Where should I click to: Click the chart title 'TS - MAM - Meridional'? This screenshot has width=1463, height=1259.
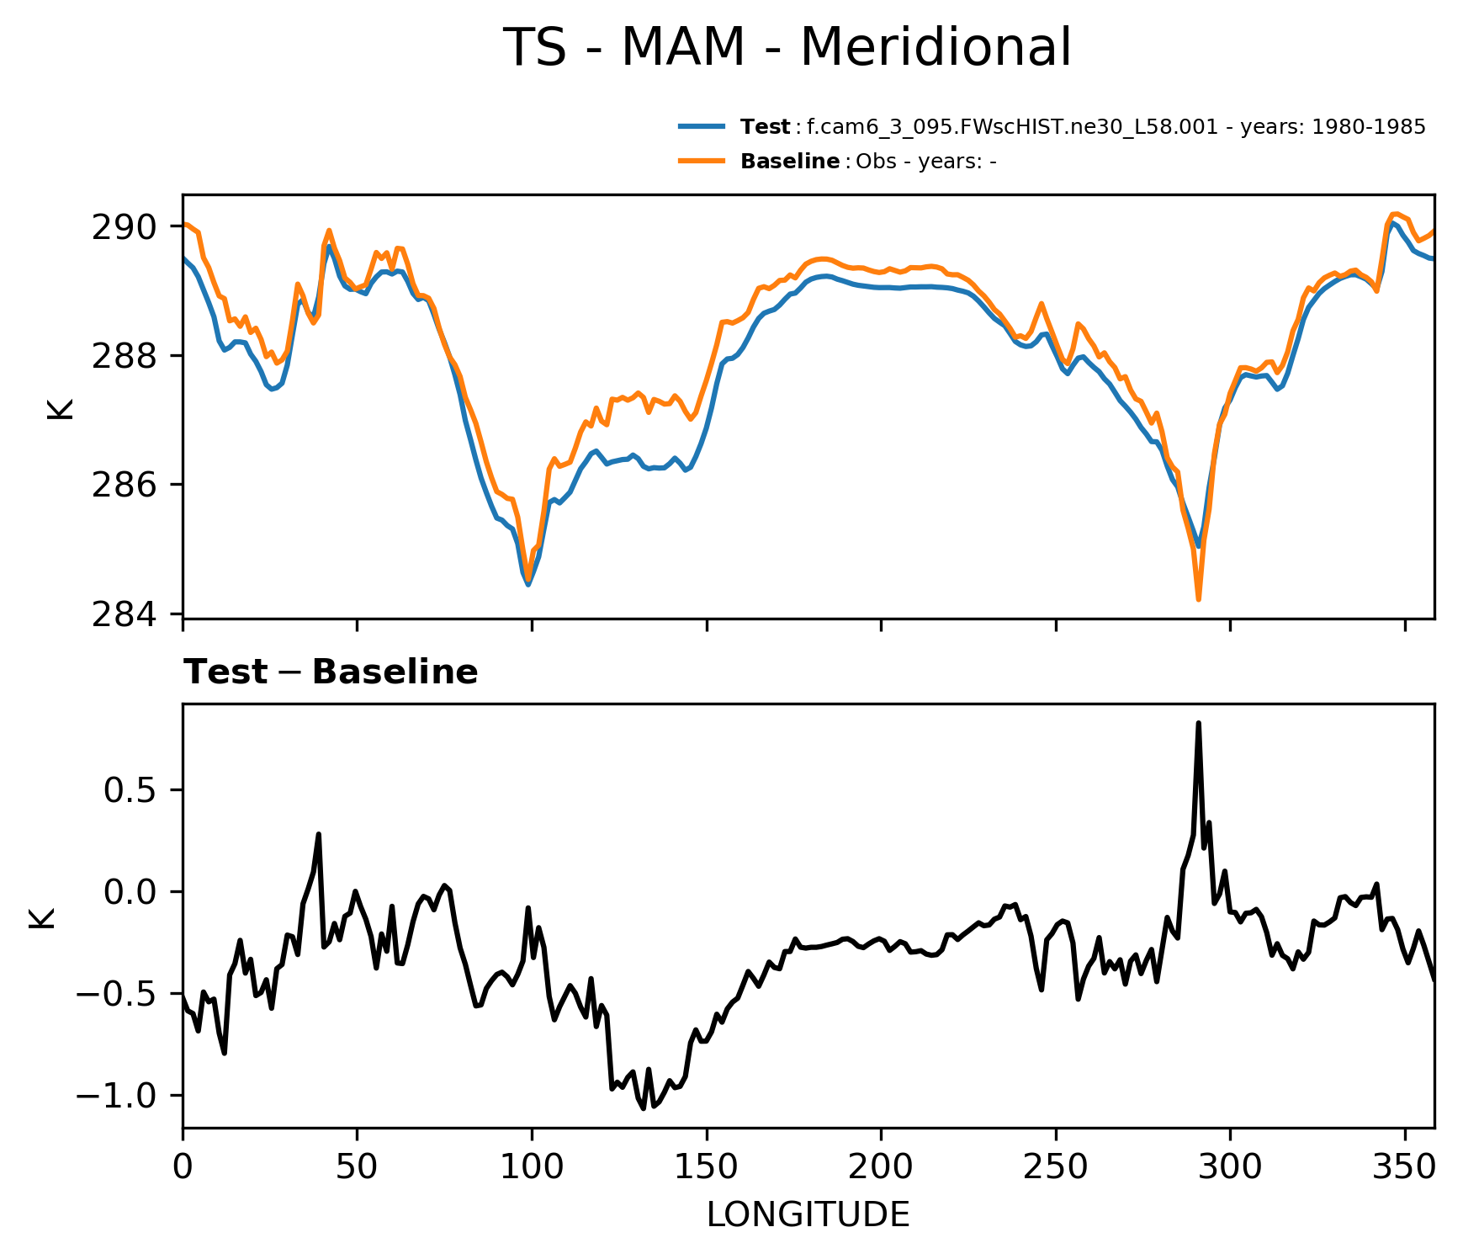pyautogui.click(x=787, y=48)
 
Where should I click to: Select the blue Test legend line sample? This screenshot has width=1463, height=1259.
pyautogui.click(x=702, y=127)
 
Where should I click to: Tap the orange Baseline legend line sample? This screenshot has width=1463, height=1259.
pyautogui.click(x=702, y=161)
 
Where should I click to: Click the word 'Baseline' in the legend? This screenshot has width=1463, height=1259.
pyautogui.click(x=789, y=162)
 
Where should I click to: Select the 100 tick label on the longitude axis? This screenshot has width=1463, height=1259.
pyautogui.click(x=532, y=1166)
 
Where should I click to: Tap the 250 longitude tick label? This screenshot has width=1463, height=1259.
pyautogui.click(x=1056, y=1166)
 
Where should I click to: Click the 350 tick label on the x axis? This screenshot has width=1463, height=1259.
pyautogui.click(x=1404, y=1166)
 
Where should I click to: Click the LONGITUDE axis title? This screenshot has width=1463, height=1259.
pyautogui.click(x=808, y=1215)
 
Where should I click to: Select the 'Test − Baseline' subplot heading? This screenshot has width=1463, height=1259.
pyautogui.click(x=331, y=672)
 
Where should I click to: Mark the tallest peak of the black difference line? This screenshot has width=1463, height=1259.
pyautogui.click(x=1198, y=724)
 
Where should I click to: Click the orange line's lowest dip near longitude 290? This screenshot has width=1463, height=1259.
pyautogui.click(x=1198, y=599)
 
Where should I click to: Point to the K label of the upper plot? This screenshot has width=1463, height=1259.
pyautogui.click(x=61, y=408)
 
